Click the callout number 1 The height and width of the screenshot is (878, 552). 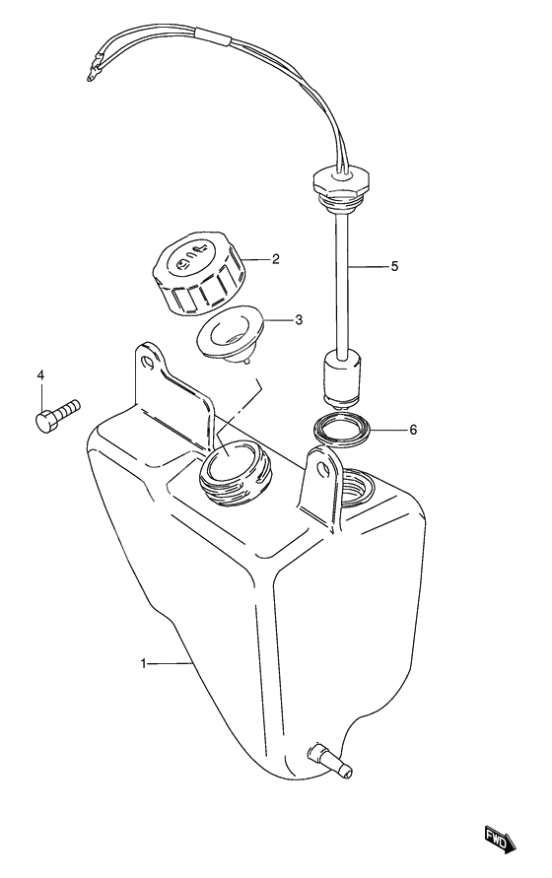pyautogui.click(x=143, y=663)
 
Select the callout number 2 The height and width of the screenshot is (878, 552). pyautogui.click(x=275, y=259)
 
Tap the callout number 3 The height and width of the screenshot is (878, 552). pyautogui.click(x=299, y=319)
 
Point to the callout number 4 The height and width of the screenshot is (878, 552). pyautogui.click(x=40, y=374)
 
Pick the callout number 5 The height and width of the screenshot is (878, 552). pyautogui.click(x=394, y=266)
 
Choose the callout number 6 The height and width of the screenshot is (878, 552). pyautogui.click(x=413, y=430)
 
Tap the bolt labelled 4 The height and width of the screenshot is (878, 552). pyautogui.click(x=58, y=416)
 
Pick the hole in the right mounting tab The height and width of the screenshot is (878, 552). pyautogui.click(x=322, y=469)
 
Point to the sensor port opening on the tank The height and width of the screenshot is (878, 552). pyautogui.click(x=357, y=487)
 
